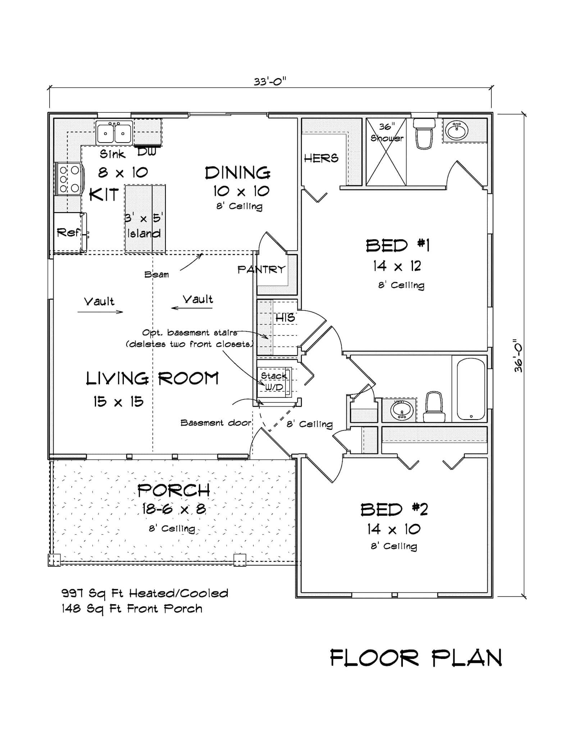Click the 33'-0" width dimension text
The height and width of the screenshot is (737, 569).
(269, 82)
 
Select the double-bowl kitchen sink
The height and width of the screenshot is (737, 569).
(114, 132)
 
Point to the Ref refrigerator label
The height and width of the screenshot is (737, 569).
(68, 233)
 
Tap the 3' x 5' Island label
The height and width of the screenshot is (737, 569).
(144, 226)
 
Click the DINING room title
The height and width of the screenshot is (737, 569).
(238, 173)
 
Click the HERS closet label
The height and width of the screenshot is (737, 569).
(321, 158)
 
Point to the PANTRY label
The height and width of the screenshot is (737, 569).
(261, 270)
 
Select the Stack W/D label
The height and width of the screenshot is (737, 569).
(274, 381)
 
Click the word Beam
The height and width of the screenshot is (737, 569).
(156, 275)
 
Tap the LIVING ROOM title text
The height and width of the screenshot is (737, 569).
(152, 379)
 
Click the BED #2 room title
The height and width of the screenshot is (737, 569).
(394, 510)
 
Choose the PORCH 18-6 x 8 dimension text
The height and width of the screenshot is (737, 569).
(174, 509)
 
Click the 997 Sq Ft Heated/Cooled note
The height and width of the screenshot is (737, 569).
(145, 593)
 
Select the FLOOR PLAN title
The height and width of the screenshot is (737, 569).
(416, 658)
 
